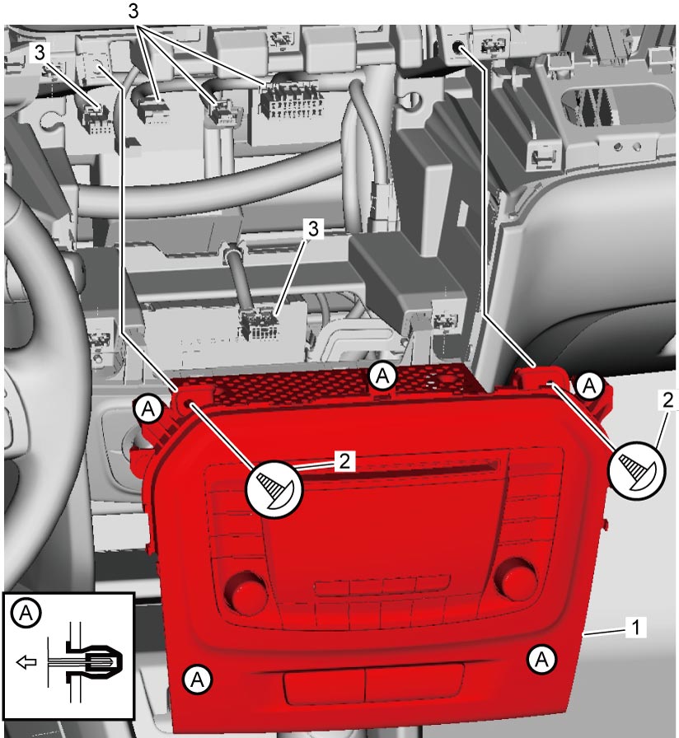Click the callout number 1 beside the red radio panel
click(635, 628)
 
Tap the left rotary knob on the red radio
click(245, 591)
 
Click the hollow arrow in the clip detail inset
click(26, 662)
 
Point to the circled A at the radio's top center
click(382, 376)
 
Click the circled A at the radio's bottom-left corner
click(197, 680)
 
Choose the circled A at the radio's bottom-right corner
click(542, 659)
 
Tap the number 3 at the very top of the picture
click(133, 11)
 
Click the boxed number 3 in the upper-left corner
click(40, 53)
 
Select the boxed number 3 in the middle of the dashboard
click(313, 229)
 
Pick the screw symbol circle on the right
click(637, 469)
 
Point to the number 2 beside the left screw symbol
click(344, 461)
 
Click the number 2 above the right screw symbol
click(668, 400)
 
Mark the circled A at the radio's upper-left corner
click(148, 409)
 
